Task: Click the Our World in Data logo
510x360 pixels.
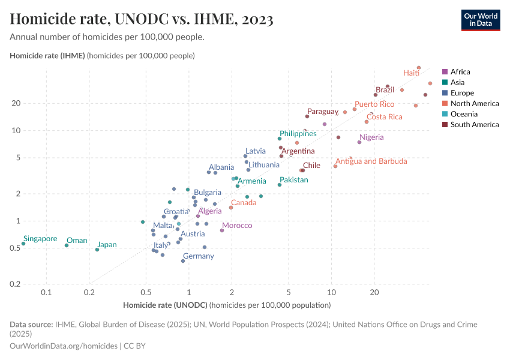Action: click(480, 20)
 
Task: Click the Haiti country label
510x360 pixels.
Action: click(411, 73)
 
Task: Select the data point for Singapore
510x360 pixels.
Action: click(23, 244)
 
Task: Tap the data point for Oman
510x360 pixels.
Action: click(67, 245)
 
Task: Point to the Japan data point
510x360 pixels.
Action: click(97, 250)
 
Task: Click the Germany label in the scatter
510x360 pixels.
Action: click(198, 256)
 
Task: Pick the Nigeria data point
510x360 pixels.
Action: click(359, 142)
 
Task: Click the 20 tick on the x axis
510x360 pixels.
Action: click(374, 293)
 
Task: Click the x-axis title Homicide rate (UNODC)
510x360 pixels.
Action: click(165, 305)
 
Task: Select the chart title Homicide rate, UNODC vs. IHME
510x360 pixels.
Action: click(142, 20)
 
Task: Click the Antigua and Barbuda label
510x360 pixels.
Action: click(371, 161)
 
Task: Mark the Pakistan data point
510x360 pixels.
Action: click(280, 185)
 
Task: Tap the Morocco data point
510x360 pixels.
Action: click(222, 230)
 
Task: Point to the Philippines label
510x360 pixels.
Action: click(298, 133)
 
